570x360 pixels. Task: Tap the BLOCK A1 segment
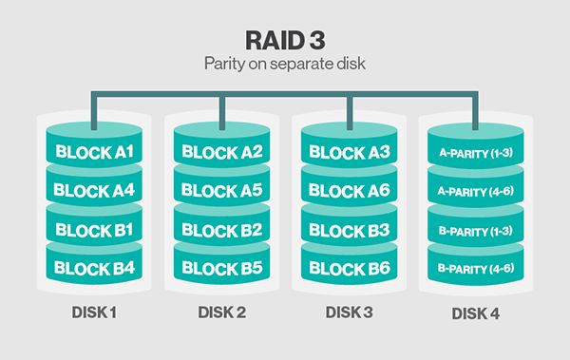tap(93, 151)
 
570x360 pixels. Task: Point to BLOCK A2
tap(221, 151)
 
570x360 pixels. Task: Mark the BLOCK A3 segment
tap(349, 151)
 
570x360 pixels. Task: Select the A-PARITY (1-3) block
tap(477, 151)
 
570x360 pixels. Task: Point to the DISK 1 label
tap(93, 312)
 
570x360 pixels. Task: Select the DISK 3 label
tap(349, 312)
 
